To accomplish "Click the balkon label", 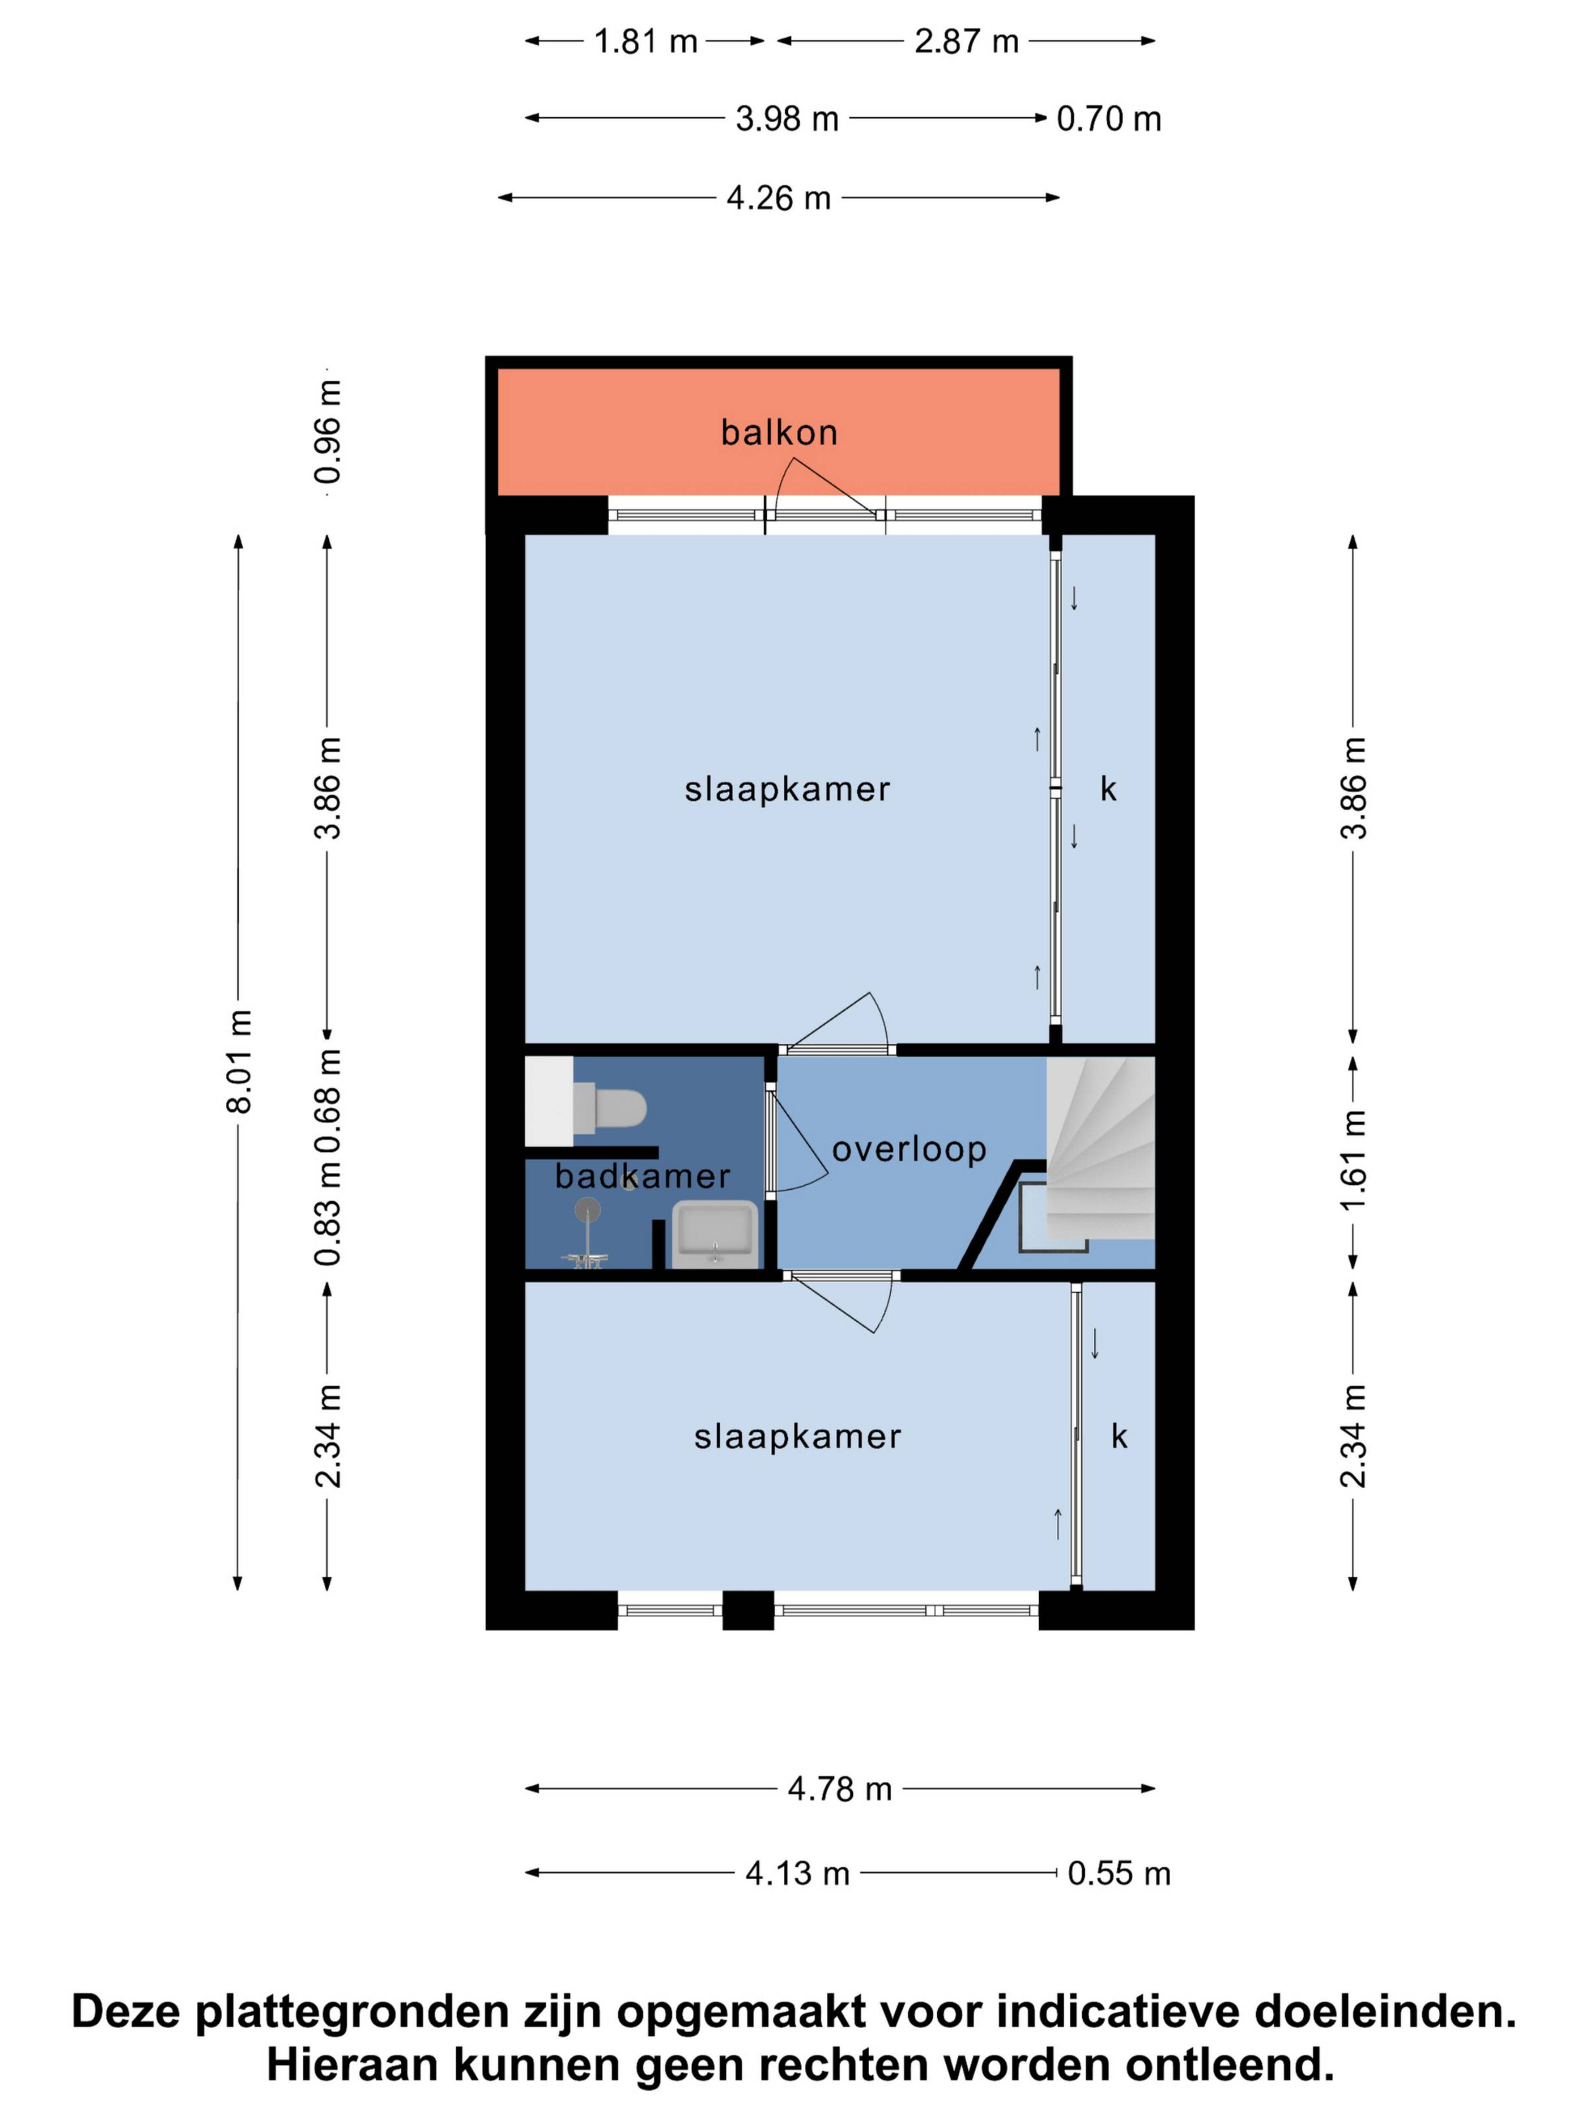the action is click(779, 433).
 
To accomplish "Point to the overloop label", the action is click(909, 1149).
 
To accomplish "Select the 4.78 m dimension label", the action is click(839, 1789).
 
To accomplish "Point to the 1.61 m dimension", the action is click(1353, 1160).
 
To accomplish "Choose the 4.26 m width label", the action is click(778, 198).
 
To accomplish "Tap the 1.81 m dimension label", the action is click(645, 41).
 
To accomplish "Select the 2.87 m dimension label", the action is click(967, 41).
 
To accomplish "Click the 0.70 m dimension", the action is click(1108, 119).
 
